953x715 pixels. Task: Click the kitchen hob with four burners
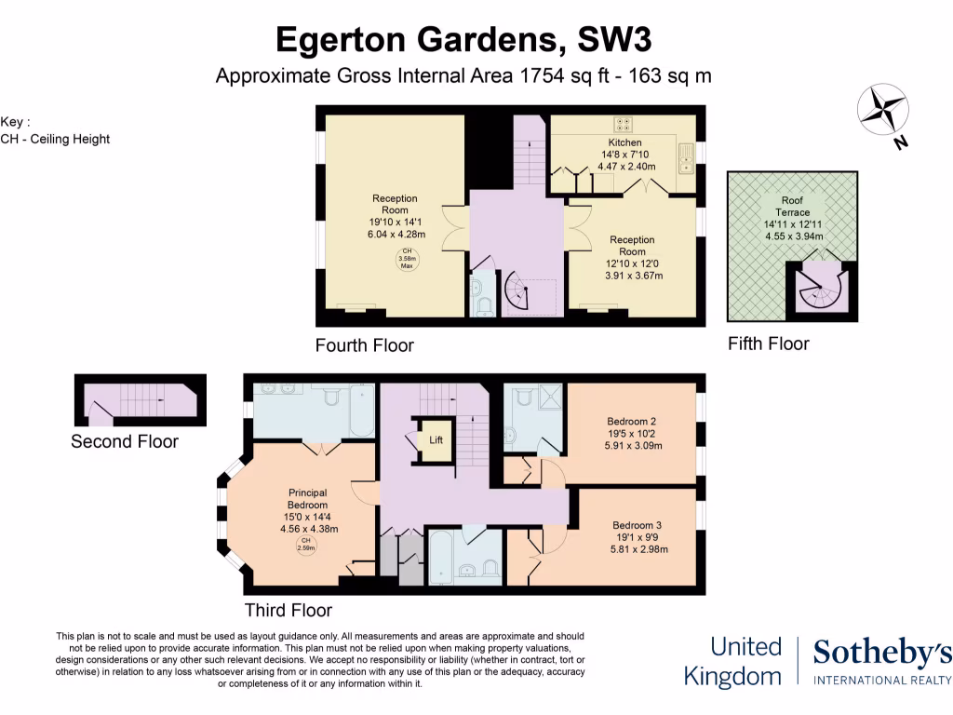coord(623,123)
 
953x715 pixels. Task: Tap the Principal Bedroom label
coord(307,498)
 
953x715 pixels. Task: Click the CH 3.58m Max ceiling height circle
coord(407,259)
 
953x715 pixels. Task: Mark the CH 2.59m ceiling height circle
coord(305,546)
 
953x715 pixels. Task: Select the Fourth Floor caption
coord(364,345)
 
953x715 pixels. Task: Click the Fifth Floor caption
coord(768,344)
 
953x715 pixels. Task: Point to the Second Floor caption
coord(124,441)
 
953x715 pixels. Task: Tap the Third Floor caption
coord(288,611)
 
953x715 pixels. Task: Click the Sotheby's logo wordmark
coord(881,654)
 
